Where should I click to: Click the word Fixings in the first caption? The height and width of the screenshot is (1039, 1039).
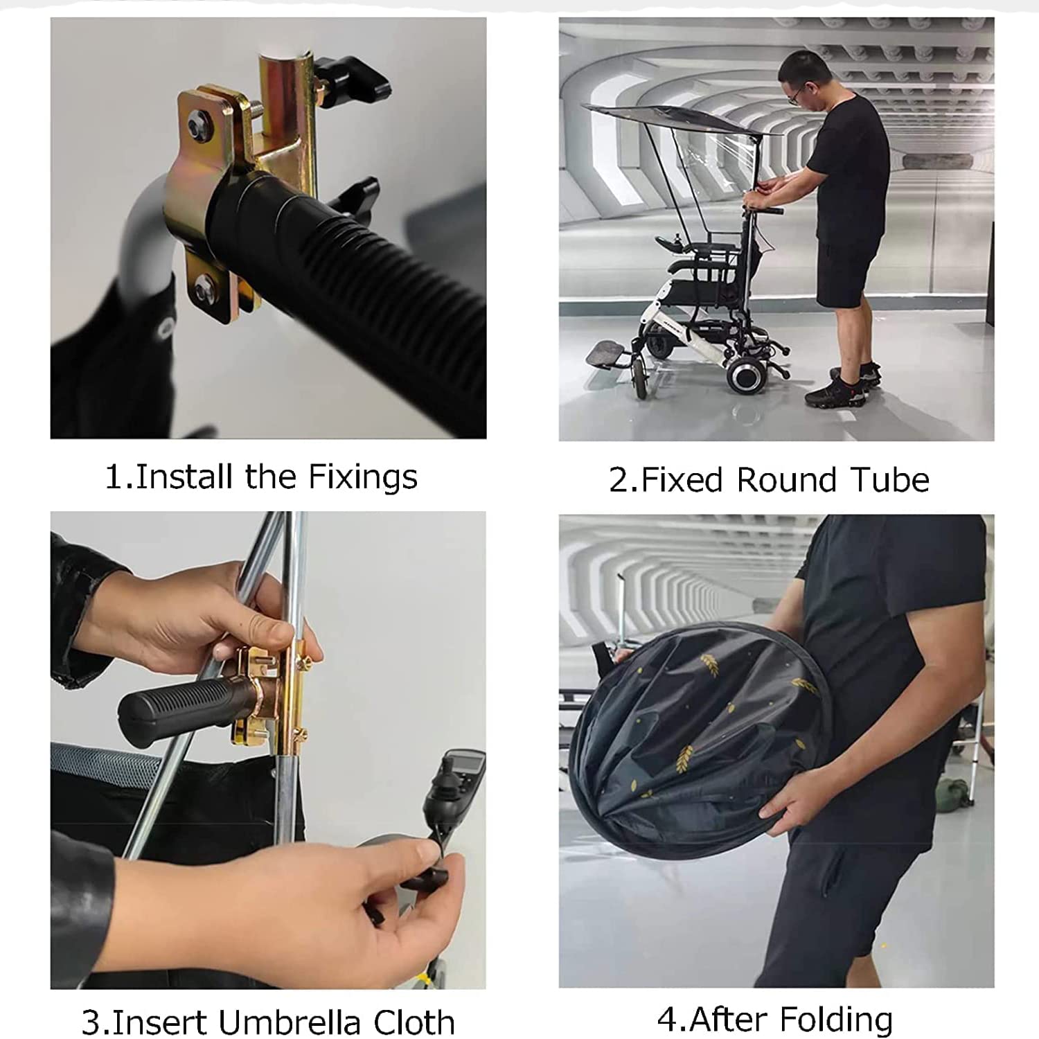click(363, 478)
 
